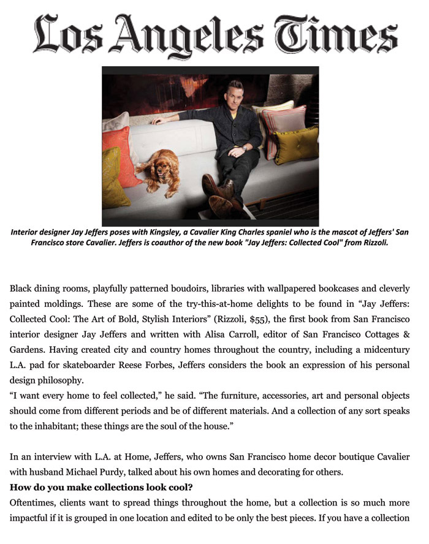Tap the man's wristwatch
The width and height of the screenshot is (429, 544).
coord(244,148)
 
